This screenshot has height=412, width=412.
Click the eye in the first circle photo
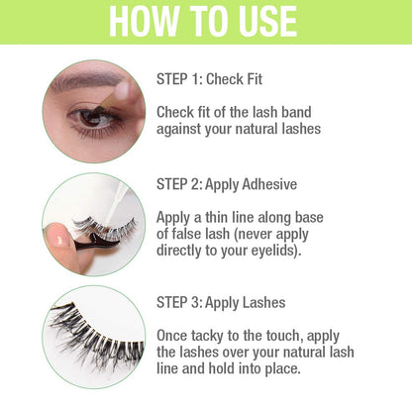(95, 117)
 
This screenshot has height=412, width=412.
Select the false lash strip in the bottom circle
(94, 332)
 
